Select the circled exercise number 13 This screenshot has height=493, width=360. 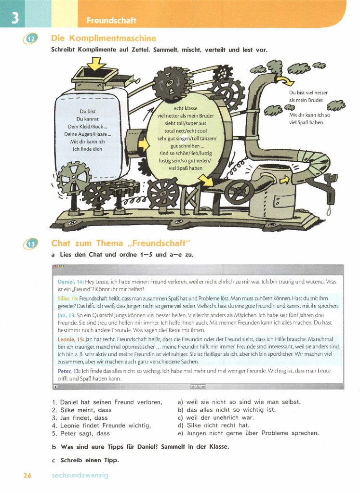coord(30,244)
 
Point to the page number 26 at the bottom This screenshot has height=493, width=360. coord(27,475)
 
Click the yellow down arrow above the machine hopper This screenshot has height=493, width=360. coord(97,64)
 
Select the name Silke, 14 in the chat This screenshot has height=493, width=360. coord(68,298)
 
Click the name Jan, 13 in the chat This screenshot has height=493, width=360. coord(66,315)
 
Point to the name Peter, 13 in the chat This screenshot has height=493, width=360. coord(69,371)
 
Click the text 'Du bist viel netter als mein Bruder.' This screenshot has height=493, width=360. coord(308,96)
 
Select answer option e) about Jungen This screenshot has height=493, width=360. coord(248,433)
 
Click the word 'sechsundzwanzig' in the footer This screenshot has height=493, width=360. coord(80,476)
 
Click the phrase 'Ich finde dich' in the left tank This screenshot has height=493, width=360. coord(87,149)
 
